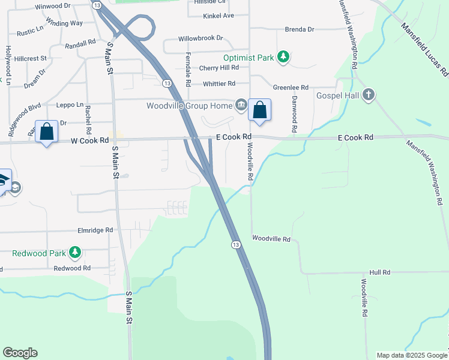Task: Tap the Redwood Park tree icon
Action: pos(75,253)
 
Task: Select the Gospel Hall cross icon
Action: pos(369,95)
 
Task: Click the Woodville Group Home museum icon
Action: pos(241,106)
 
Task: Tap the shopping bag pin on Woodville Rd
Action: pos(259,110)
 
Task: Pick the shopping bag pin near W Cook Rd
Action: pos(46,131)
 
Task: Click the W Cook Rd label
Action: pos(89,140)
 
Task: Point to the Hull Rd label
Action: pos(380,272)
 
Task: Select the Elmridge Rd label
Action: pos(95,230)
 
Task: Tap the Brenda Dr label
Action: pos(300,29)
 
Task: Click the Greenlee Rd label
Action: pos(291,87)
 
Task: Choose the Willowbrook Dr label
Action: pos(200,38)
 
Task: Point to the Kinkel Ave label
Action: pos(218,15)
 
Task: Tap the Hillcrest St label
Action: pos(31,59)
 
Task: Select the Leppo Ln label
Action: pos(70,104)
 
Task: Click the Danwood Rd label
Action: pos(295,114)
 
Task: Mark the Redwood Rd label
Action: pos(71,268)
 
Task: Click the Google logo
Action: pos(20,353)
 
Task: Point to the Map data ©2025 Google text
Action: pos(411,355)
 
